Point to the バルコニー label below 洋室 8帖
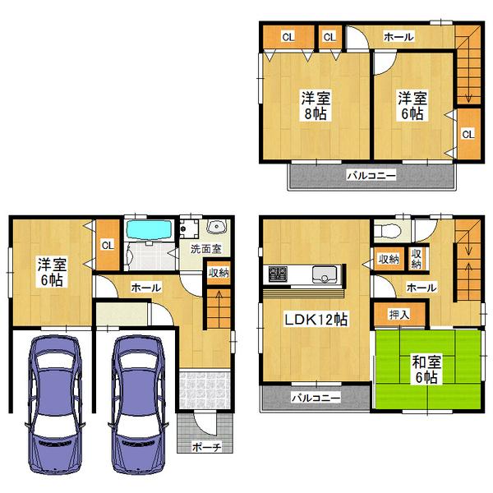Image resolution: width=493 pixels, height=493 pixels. click(x=370, y=176)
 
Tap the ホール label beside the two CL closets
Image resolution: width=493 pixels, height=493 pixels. click(x=399, y=37)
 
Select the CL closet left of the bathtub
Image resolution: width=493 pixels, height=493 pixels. click(x=108, y=244)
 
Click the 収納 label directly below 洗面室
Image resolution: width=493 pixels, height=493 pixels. click(x=218, y=273)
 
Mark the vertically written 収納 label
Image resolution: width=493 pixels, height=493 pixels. click(x=417, y=260)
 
